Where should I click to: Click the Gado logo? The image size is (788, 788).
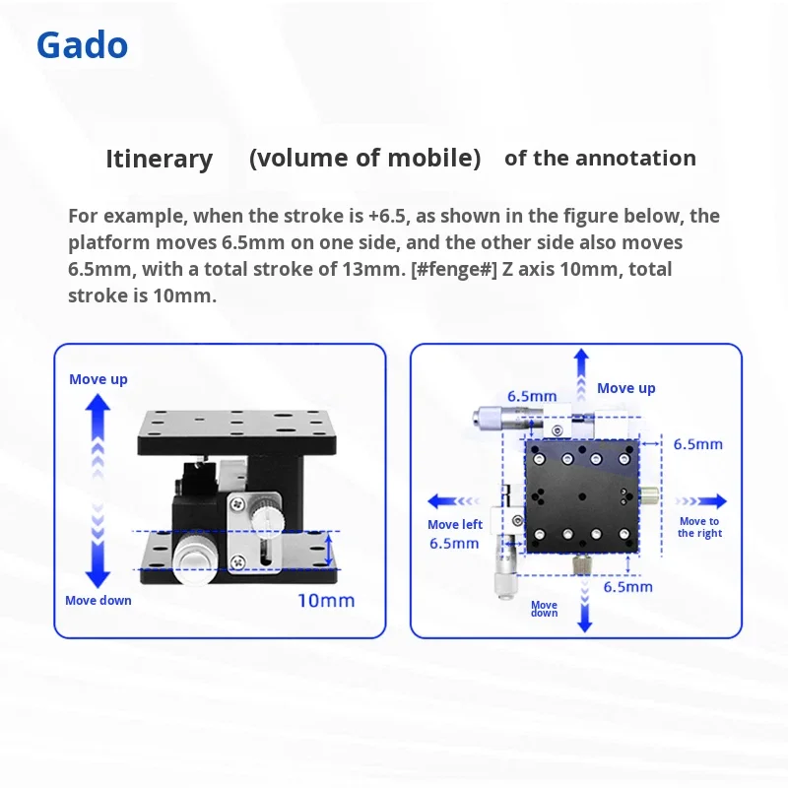82,45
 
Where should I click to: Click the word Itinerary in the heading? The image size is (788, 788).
160,160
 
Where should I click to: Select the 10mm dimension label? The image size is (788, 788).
326,601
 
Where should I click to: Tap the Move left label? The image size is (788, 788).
455,525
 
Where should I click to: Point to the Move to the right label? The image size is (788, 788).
699,527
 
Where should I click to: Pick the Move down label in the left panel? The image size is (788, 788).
98,601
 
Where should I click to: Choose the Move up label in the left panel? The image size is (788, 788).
98,379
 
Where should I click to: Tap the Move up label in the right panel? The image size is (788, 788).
626,388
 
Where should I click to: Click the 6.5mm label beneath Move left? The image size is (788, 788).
454,544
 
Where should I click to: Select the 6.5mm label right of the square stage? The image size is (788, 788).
698,444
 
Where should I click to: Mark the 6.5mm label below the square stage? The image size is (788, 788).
628,587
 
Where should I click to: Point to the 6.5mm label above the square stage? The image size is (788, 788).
532,397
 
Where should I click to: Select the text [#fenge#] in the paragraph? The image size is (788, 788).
454,269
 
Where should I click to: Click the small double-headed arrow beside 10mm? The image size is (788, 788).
329,550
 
